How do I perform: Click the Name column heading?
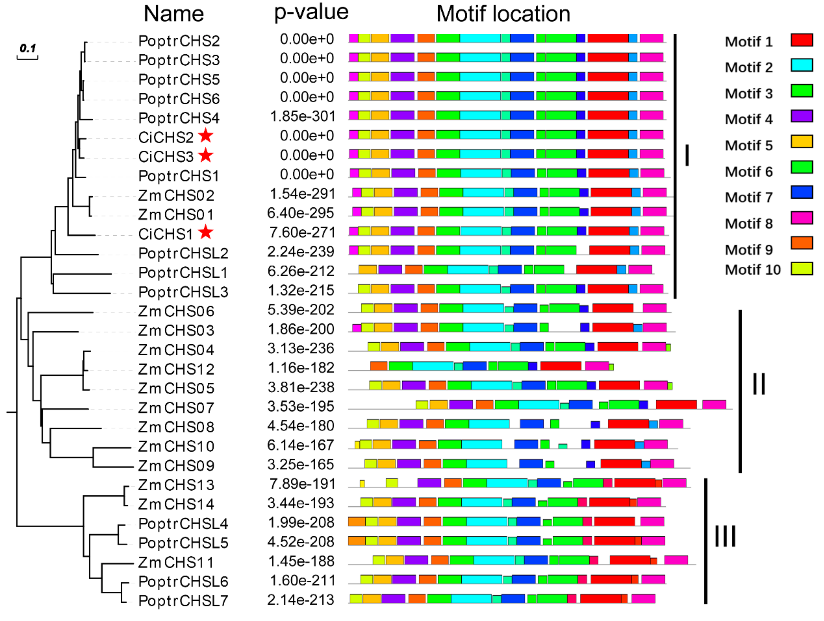174,14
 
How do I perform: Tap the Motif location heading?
503,14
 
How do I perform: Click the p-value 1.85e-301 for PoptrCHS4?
302,116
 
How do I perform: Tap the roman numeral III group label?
725,536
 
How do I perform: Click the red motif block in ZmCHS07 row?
676,405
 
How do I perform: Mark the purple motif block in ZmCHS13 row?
429,483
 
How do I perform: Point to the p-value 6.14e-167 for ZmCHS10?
301,445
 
